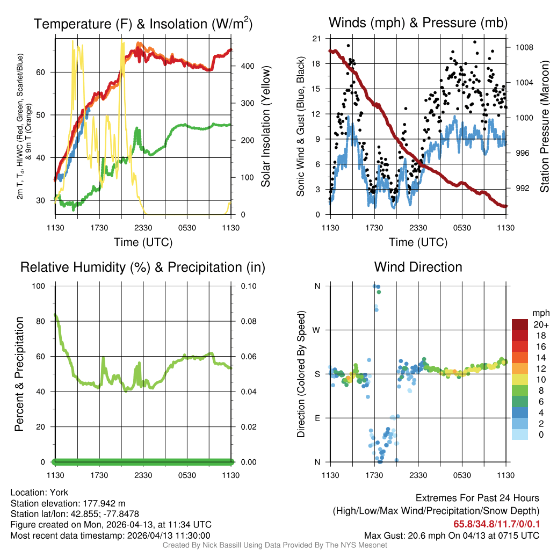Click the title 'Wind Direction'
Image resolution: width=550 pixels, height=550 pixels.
click(418, 267)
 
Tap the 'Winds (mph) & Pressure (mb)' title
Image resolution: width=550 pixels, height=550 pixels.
click(418, 23)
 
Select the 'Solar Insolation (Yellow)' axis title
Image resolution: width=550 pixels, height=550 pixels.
click(265, 127)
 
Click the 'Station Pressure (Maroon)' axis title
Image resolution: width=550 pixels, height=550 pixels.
click(544, 127)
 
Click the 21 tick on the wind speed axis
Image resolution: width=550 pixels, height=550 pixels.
click(316, 39)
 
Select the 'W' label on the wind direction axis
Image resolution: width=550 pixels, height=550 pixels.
click(317, 330)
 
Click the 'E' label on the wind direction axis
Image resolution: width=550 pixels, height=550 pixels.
click(317, 418)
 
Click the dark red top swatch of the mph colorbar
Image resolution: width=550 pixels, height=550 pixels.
click(519, 324)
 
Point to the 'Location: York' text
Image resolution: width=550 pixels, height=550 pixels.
click(39, 493)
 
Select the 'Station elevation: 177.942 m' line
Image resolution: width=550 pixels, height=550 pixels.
click(68, 503)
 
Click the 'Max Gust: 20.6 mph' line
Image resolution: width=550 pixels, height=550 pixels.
click(452, 535)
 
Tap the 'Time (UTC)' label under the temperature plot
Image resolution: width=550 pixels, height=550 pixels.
click(143, 242)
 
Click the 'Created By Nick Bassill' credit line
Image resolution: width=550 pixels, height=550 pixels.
click(274, 545)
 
